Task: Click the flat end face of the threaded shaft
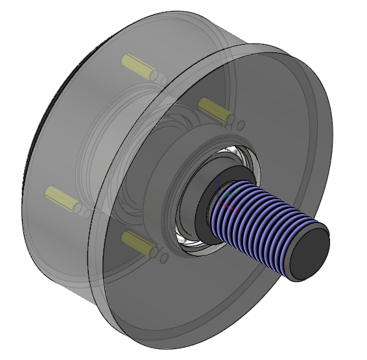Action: click(x=309, y=251)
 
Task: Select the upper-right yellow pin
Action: click(x=215, y=110)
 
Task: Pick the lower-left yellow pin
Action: click(x=62, y=198)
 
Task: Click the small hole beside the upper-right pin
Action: click(x=241, y=125)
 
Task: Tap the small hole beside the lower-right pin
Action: click(x=164, y=258)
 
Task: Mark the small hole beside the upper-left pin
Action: click(x=164, y=80)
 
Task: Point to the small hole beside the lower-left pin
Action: click(x=87, y=213)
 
